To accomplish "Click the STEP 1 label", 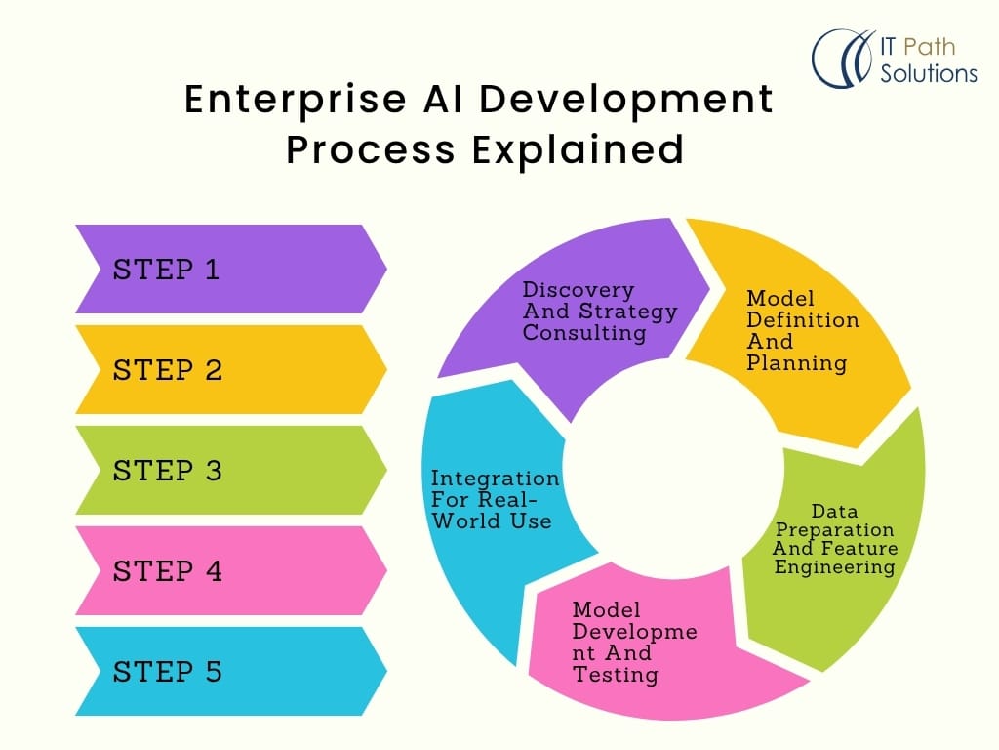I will pos(167,270).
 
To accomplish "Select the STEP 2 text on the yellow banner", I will pos(168,370).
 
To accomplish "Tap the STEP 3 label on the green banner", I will pos(168,471).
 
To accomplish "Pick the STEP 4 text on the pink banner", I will pos(168,571).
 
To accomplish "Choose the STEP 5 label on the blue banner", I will pos(168,672).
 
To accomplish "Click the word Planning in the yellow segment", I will pos(796,363).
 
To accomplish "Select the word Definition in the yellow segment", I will pos(803,320).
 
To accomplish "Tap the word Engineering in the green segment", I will pos(834,567).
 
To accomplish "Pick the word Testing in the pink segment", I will pos(615,674).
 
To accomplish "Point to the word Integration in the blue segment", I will pos(496,479).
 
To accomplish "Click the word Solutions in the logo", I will pos(928,73).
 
